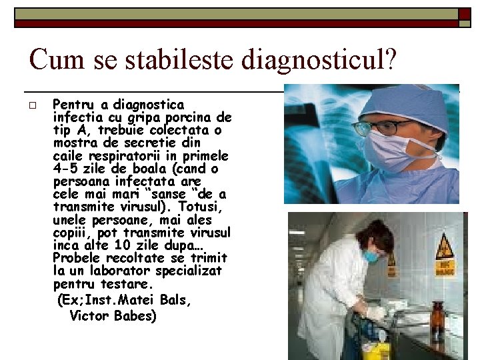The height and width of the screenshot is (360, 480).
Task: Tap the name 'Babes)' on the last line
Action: coord(134,315)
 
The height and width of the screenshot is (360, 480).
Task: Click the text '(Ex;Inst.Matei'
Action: coord(101,300)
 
